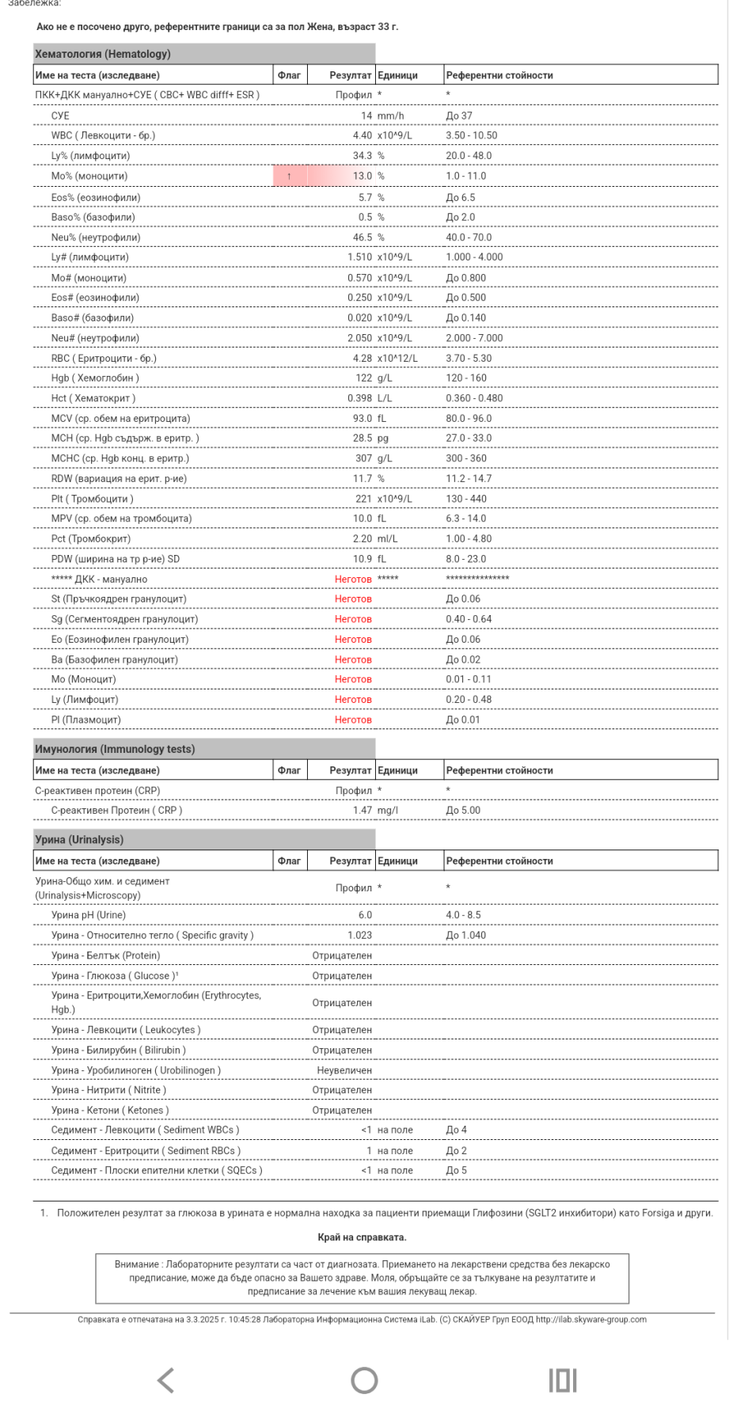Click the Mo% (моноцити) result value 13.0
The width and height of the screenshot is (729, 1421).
[x=362, y=177]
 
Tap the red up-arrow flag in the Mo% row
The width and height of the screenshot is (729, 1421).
[x=289, y=177]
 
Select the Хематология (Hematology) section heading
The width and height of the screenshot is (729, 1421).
[x=103, y=54]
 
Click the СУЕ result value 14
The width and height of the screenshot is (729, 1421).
[x=366, y=116]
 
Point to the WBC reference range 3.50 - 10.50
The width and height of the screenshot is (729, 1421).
[x=472, y=135]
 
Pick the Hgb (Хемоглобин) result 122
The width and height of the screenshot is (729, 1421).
[x=363, y=378]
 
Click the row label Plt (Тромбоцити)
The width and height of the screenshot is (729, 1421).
[x=92, y=499]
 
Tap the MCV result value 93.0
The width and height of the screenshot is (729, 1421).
[x=362, y=419]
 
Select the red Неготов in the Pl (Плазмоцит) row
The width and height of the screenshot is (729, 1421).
[x=353, y=720]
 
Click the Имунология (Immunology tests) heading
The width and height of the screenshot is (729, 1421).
[x=115, y=749]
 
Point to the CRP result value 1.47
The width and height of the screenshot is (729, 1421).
[x=363, y=811]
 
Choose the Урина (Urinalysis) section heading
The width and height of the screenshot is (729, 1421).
[x=79, y=840]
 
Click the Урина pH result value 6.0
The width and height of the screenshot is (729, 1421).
[x=365, y=915]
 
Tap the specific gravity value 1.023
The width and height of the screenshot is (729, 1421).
[x=359, y=936]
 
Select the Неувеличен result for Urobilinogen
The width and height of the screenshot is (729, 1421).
[x=344, y=1070]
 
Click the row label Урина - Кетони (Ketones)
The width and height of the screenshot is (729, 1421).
[x=110, y=1111]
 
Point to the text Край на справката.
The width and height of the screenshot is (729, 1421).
[x=362, y=1237]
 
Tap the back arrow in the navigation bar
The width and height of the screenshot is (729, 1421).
[x=165, y=1381]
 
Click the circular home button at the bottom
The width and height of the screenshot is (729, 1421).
[x=364, y=1381]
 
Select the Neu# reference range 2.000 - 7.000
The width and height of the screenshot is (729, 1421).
[x=474, y=338]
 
